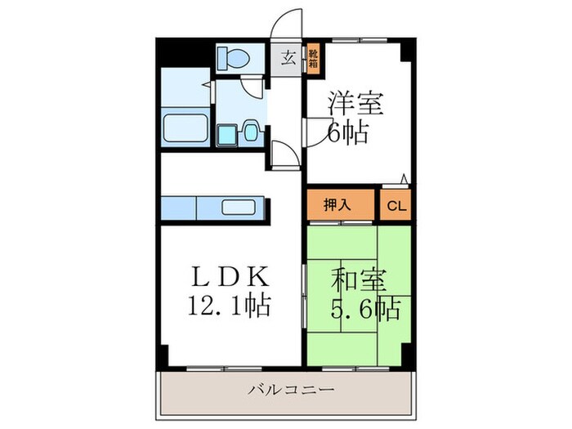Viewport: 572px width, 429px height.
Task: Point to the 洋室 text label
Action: tap(356, 105)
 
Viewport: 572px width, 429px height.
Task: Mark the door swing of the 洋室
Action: tap(315, 131)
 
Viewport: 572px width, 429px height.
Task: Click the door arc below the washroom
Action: tap(282, 154)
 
